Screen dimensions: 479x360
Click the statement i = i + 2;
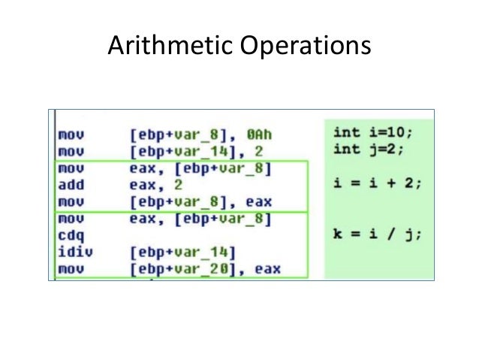click(375, 183)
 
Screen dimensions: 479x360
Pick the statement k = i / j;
click(375, 234)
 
